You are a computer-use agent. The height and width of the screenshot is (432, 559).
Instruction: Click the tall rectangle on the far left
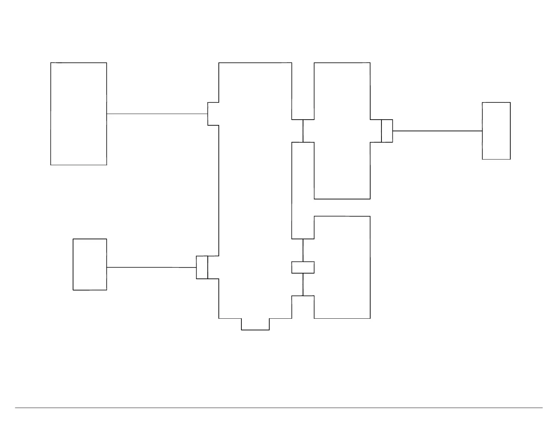pyautogui.click(x=79, y=114)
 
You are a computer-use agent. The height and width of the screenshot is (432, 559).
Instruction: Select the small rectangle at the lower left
pyautogui.click(x=90, y=264)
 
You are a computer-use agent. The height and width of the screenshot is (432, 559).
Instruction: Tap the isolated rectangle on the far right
pyautogui.click(x=496, y=131)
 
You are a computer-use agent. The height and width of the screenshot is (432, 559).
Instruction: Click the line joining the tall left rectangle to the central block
pyautogui.click(x=157, y=114)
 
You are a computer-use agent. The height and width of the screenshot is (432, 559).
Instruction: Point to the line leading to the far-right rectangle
pyautogui.click(x=437, y=131)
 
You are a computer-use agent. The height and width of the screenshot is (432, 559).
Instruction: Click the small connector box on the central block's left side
pyautogui.click(x=202, y=268)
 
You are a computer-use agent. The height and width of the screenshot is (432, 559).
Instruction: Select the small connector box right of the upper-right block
pyautogui.click(x=387, y=131)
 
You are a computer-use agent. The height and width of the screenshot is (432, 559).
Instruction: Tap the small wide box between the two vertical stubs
pyautogui.click(x=303, y=268)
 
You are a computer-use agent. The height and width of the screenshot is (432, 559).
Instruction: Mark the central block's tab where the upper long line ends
pyautogui.click(x=213, y=114)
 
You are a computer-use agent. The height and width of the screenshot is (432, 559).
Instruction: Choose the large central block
pyautogui.click(x=255, y=191)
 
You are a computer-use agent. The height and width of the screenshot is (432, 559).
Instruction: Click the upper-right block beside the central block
pyautogui.click(x=342, y=106)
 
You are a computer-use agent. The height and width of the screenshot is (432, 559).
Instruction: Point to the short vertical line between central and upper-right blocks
pyautogui.click(x=303, y=131)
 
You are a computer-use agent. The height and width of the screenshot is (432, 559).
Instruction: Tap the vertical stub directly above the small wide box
pyautogui.click(x=303, y=250)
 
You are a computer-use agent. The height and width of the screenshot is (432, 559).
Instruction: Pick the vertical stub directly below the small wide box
pyautogui.click(x=303, y=284)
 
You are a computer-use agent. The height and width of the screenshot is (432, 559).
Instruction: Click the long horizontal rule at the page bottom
pyautogui.click(x=279, y=408)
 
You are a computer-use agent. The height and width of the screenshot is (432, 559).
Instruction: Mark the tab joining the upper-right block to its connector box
pyautogui.click(x=376, y=131)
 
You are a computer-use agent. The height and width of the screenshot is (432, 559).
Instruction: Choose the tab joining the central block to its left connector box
pyautogui.click(x=213, y=268)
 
